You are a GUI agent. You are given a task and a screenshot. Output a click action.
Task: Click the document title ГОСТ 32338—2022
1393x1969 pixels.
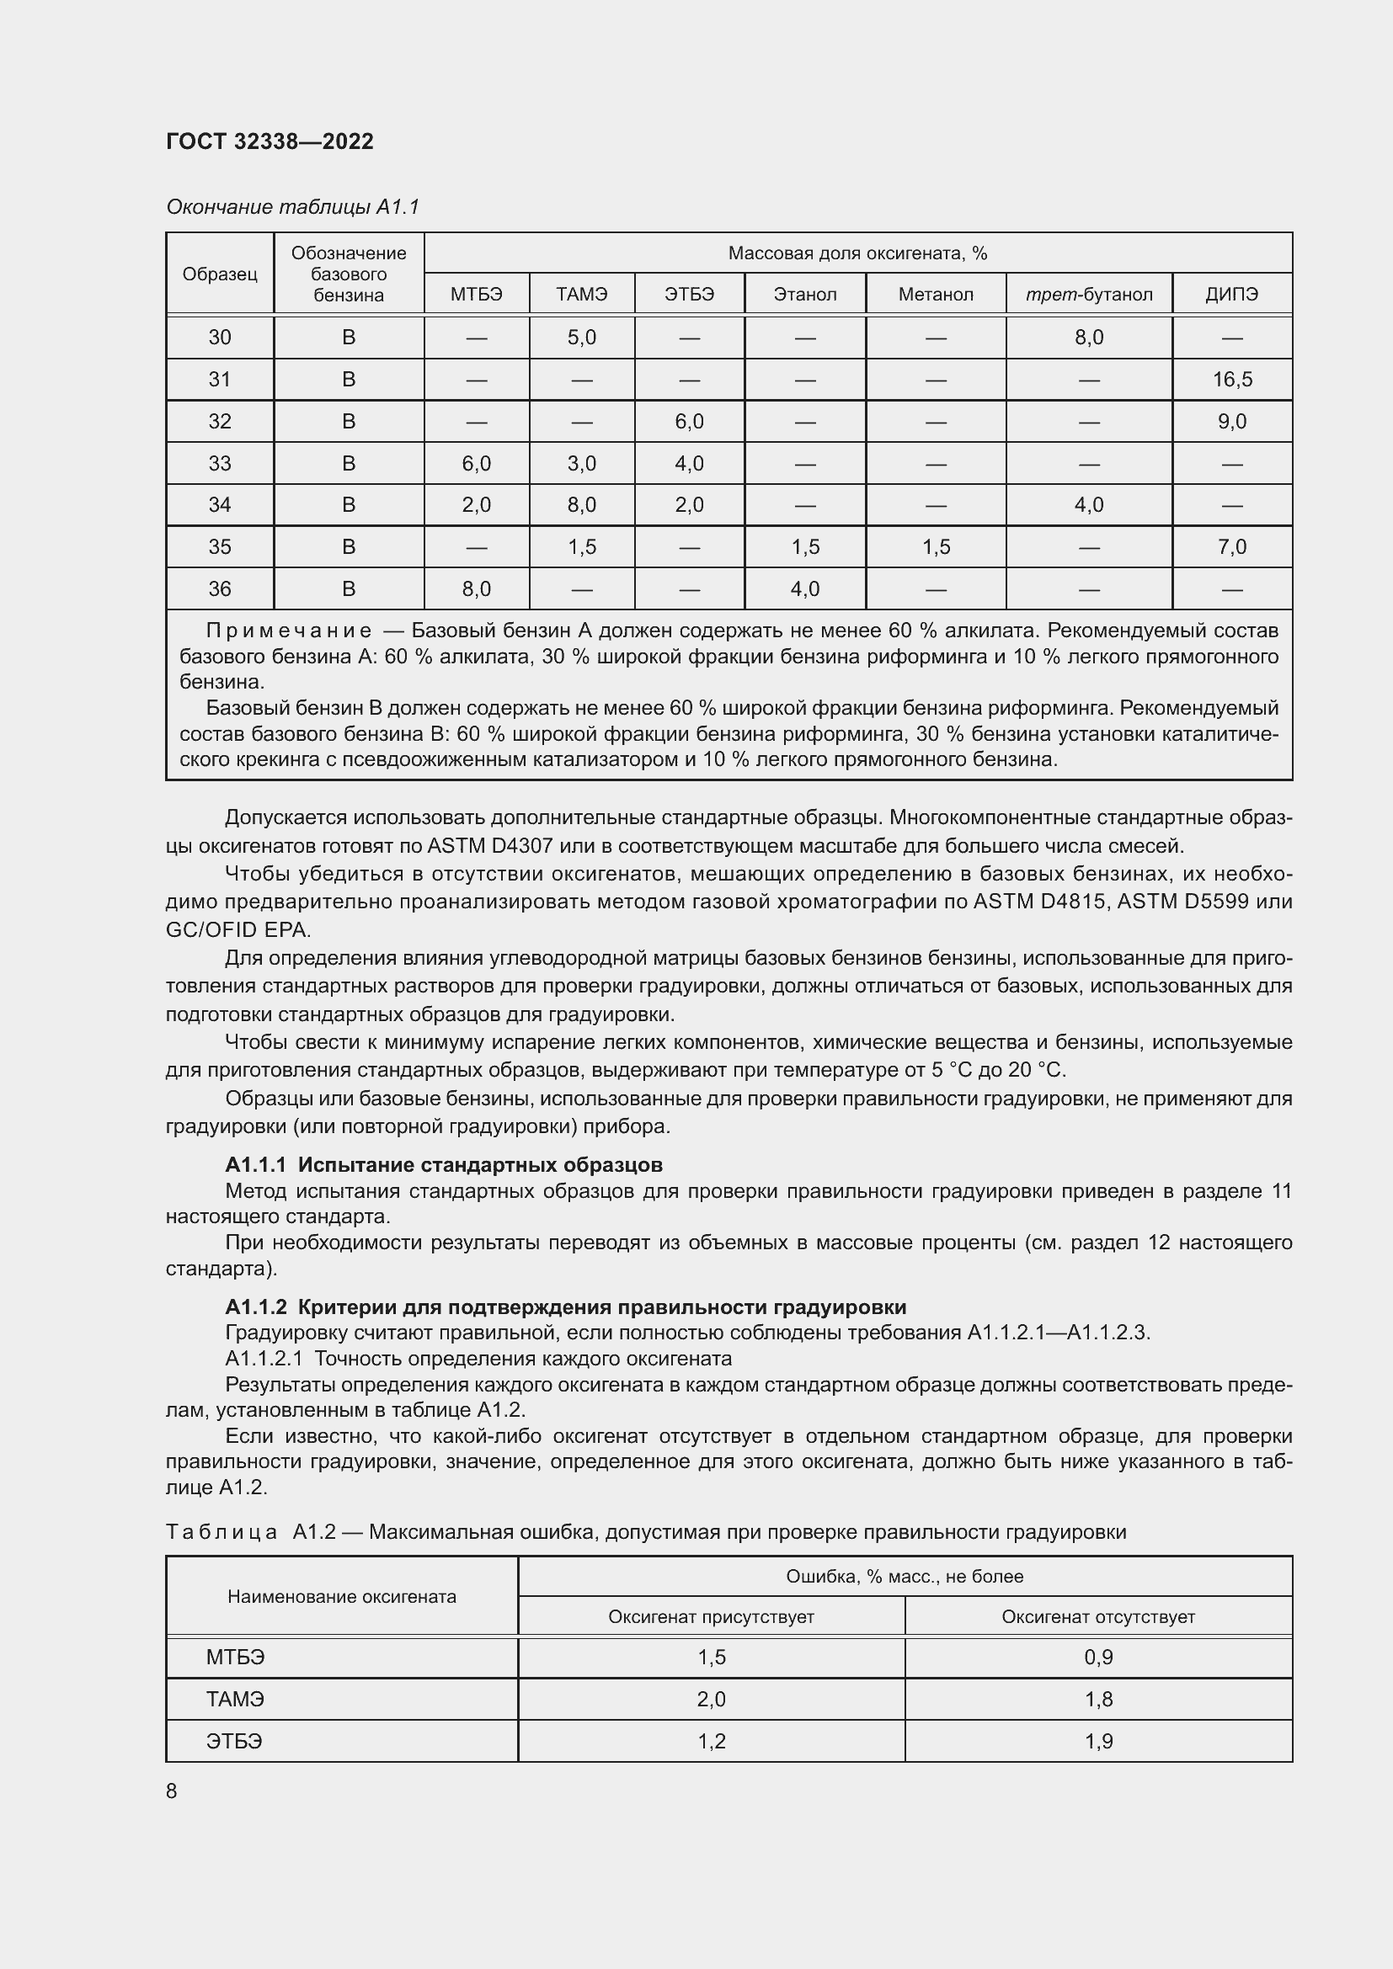coord(270,141)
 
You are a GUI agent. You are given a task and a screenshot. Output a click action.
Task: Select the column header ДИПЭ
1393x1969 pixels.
coord(1231,294)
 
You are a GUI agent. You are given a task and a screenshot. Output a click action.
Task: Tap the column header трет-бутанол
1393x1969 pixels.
coord(1088,294)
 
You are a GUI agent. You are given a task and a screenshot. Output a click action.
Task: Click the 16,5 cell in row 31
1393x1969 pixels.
coord(1232,379)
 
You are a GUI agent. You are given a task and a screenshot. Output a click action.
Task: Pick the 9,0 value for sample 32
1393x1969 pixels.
coord(1232,421)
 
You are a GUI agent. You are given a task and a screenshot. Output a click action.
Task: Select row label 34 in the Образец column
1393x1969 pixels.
coord(220,504)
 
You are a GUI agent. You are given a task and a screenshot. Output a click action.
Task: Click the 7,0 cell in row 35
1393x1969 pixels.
coord(1232,546)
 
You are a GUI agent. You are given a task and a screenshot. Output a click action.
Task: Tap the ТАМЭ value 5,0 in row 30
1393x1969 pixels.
coord(582,337)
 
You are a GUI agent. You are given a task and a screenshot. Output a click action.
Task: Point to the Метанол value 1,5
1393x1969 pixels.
coord(936,546)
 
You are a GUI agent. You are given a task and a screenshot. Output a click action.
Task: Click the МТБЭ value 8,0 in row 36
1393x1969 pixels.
coord(476,588)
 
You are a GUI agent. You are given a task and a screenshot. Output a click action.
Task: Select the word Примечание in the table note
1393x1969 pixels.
coord(289,631)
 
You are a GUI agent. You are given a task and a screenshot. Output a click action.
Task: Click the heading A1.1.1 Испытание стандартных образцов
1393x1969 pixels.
coord(444,1164)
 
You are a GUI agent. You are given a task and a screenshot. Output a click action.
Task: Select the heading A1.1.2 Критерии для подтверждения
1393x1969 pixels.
coord(565,1307)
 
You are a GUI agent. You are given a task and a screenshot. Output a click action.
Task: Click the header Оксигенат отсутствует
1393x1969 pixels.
coord(1098,1616)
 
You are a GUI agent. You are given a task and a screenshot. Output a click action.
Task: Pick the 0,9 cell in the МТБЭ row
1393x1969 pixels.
coord(1098,1657)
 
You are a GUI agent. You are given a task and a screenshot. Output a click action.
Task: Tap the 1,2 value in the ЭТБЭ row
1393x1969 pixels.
coord(711,1741)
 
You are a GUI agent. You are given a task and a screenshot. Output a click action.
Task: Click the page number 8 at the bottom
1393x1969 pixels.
coord(172,1791)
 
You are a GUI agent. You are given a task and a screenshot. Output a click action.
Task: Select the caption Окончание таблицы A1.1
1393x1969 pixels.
coord(292,207)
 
